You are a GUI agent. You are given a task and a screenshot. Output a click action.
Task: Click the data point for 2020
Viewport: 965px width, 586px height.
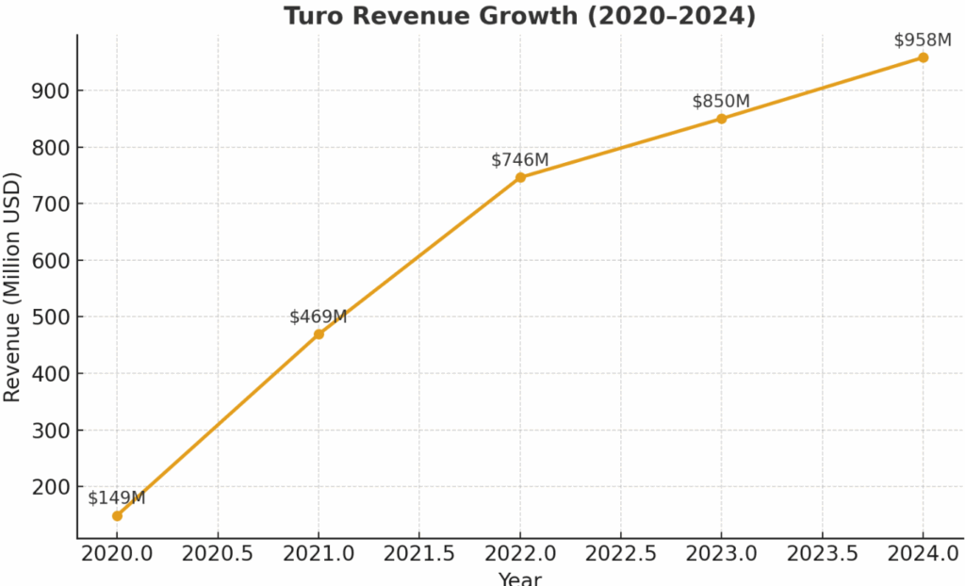[117, 515]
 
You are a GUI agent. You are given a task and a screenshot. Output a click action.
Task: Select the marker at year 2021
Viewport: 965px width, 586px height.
[319, 334]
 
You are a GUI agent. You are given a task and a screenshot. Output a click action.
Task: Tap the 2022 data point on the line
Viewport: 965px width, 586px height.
[520, 177]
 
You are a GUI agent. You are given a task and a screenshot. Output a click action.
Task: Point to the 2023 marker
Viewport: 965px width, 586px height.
[721, 119]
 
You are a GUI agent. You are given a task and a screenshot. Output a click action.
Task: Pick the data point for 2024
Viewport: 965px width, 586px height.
[923, 57]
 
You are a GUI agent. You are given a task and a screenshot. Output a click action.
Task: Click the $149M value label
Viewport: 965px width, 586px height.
[117, 497]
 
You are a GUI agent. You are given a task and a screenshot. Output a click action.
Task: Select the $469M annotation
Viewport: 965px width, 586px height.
[319, 317]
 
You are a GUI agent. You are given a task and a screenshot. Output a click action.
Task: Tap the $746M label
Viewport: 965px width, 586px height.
[520, 160]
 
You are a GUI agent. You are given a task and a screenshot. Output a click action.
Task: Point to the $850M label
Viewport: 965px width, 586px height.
[721, 101]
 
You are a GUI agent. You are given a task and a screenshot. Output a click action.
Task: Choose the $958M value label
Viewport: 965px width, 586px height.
[923, 40]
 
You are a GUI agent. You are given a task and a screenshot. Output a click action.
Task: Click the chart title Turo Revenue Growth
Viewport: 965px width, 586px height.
[519, 16]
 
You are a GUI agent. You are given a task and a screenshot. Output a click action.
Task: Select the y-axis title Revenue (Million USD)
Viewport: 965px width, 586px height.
[12, 286]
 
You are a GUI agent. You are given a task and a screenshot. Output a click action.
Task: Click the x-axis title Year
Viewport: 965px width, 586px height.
[519, 578]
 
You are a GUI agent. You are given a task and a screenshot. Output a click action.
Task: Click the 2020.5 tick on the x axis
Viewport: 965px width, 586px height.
[218, 553]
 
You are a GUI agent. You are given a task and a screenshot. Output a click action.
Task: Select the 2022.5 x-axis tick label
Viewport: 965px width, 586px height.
[621, 553]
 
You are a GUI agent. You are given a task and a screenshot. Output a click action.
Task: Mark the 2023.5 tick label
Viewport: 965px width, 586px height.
[822, 553]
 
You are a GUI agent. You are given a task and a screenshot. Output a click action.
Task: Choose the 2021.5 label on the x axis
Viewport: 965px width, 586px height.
[419, 553]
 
